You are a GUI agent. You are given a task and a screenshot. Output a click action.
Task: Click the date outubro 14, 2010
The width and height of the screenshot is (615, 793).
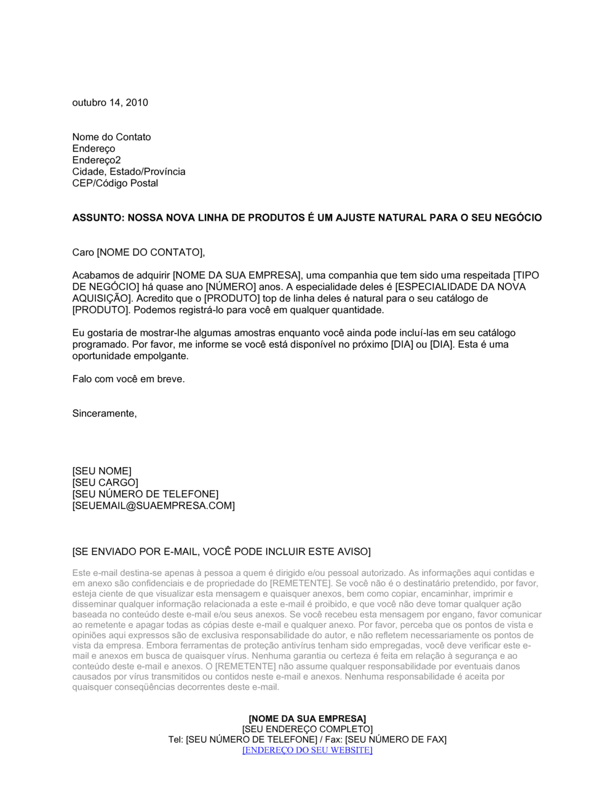[110, 103]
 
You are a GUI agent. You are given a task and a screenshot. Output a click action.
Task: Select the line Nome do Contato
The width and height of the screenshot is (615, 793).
[111, 137]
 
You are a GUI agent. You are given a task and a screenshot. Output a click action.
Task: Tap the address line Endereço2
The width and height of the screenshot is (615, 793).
[97, 160]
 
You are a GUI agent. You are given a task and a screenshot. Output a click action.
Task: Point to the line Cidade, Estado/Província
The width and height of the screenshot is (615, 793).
[129, 172]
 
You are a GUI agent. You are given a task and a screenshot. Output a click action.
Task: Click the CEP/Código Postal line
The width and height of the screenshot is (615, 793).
[115, 183]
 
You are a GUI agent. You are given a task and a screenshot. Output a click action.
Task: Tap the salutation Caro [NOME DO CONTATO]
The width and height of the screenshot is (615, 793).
[138, 252]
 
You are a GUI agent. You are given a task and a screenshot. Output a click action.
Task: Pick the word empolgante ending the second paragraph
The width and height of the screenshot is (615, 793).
[162, 356]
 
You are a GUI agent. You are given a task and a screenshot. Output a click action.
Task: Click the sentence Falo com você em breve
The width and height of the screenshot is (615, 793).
[129, 379]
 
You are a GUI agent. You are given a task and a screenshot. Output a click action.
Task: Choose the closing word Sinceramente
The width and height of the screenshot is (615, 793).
[105, 414]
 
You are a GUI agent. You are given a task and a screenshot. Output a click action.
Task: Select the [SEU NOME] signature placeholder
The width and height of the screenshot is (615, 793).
[101, 471]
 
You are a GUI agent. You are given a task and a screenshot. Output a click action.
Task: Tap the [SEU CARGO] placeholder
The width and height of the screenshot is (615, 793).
[105, 483]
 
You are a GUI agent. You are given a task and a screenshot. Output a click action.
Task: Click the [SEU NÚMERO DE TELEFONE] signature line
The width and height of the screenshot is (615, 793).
[145, 494]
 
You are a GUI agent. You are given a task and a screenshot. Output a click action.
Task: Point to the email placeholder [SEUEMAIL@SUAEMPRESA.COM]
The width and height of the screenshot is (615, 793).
[153, 506]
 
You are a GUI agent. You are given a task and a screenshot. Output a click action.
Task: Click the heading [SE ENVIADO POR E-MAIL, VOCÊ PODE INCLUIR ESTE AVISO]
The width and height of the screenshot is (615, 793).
[221, 551]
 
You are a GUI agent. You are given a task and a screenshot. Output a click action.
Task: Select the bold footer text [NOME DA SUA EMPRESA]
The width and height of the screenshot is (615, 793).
[307, 719]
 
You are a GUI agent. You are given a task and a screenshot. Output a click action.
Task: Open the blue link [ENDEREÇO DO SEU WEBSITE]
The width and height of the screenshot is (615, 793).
[307, 750]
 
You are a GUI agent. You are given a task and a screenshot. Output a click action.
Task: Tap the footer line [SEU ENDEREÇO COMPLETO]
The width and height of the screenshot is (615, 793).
[307, 729]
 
